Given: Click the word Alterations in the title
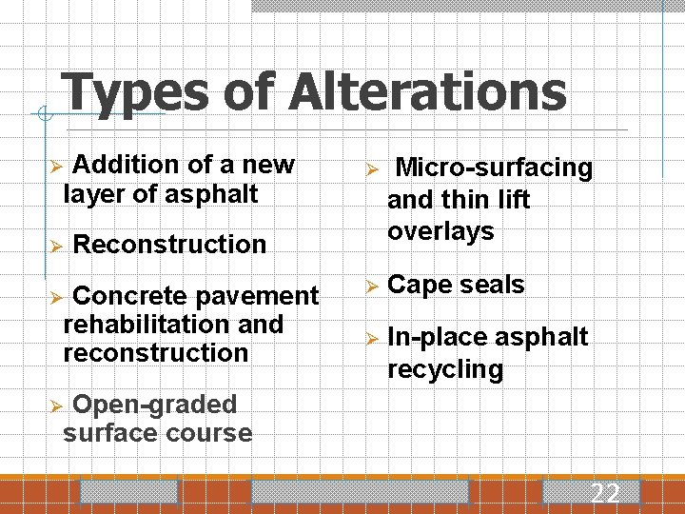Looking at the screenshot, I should point(428,93).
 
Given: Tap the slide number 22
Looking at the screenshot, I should point(605,493).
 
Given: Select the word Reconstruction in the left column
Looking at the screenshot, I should point(169,244).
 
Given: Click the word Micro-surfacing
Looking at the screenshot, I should point(494,168).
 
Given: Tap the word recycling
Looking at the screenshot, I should point(445,368).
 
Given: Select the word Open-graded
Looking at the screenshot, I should point(154,405).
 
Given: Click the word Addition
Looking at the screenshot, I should point(127,165).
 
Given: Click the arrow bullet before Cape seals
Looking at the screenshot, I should point(372,286).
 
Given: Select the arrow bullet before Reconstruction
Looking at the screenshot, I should point(56,245).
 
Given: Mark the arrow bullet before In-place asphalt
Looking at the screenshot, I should point(372,338).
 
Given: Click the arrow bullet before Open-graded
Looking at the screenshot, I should point(56,405).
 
